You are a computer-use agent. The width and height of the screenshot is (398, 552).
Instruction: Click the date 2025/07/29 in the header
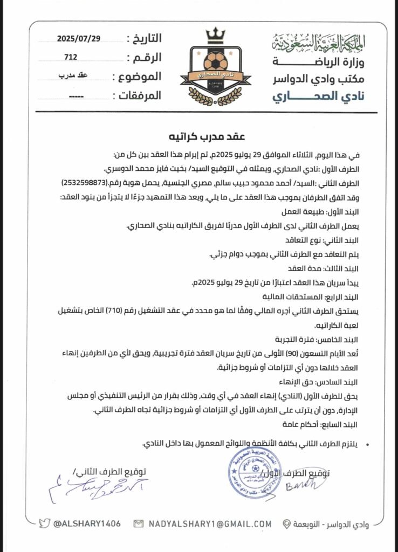tap(79, 38)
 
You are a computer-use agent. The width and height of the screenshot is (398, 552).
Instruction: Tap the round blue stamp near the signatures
tap(247, 473)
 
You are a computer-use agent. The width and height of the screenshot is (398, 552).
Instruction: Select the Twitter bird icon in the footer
tap(45, 523)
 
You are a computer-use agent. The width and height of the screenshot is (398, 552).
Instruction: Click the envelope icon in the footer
tap(139, 523)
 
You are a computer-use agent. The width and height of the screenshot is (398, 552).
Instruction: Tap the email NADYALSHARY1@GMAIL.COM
tap(210, 523)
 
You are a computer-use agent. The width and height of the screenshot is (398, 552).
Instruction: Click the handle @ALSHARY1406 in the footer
tap(86, 523)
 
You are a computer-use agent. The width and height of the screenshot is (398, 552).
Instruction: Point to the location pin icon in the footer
tap(287, 523)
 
